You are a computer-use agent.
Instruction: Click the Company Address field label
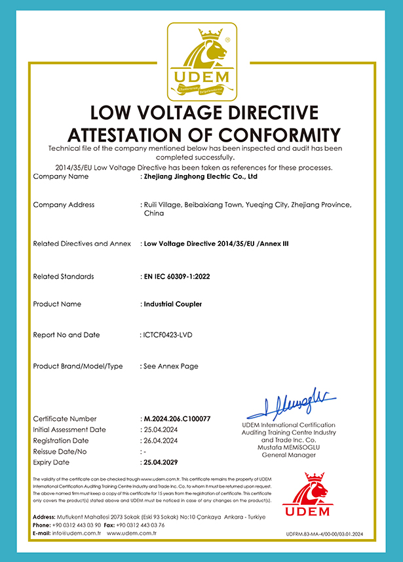pyautogui.click(x=64, y=205)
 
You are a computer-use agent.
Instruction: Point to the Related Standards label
pyautogui.click(x=63, y=277)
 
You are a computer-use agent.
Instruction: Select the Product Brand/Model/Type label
pyautogui.click(x=77, y=367)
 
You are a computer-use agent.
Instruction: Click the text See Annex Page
pyautogui.click(x=171, y=367)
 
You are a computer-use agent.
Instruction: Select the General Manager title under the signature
pyautogui.click(x=288, y=455)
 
